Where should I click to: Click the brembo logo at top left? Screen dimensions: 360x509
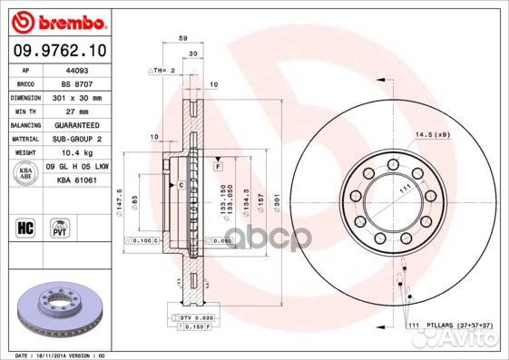tap(44, 19)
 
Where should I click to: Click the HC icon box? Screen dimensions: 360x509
tap(24, 223)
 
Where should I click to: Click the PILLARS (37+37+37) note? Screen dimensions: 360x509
tap(451, 325)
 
